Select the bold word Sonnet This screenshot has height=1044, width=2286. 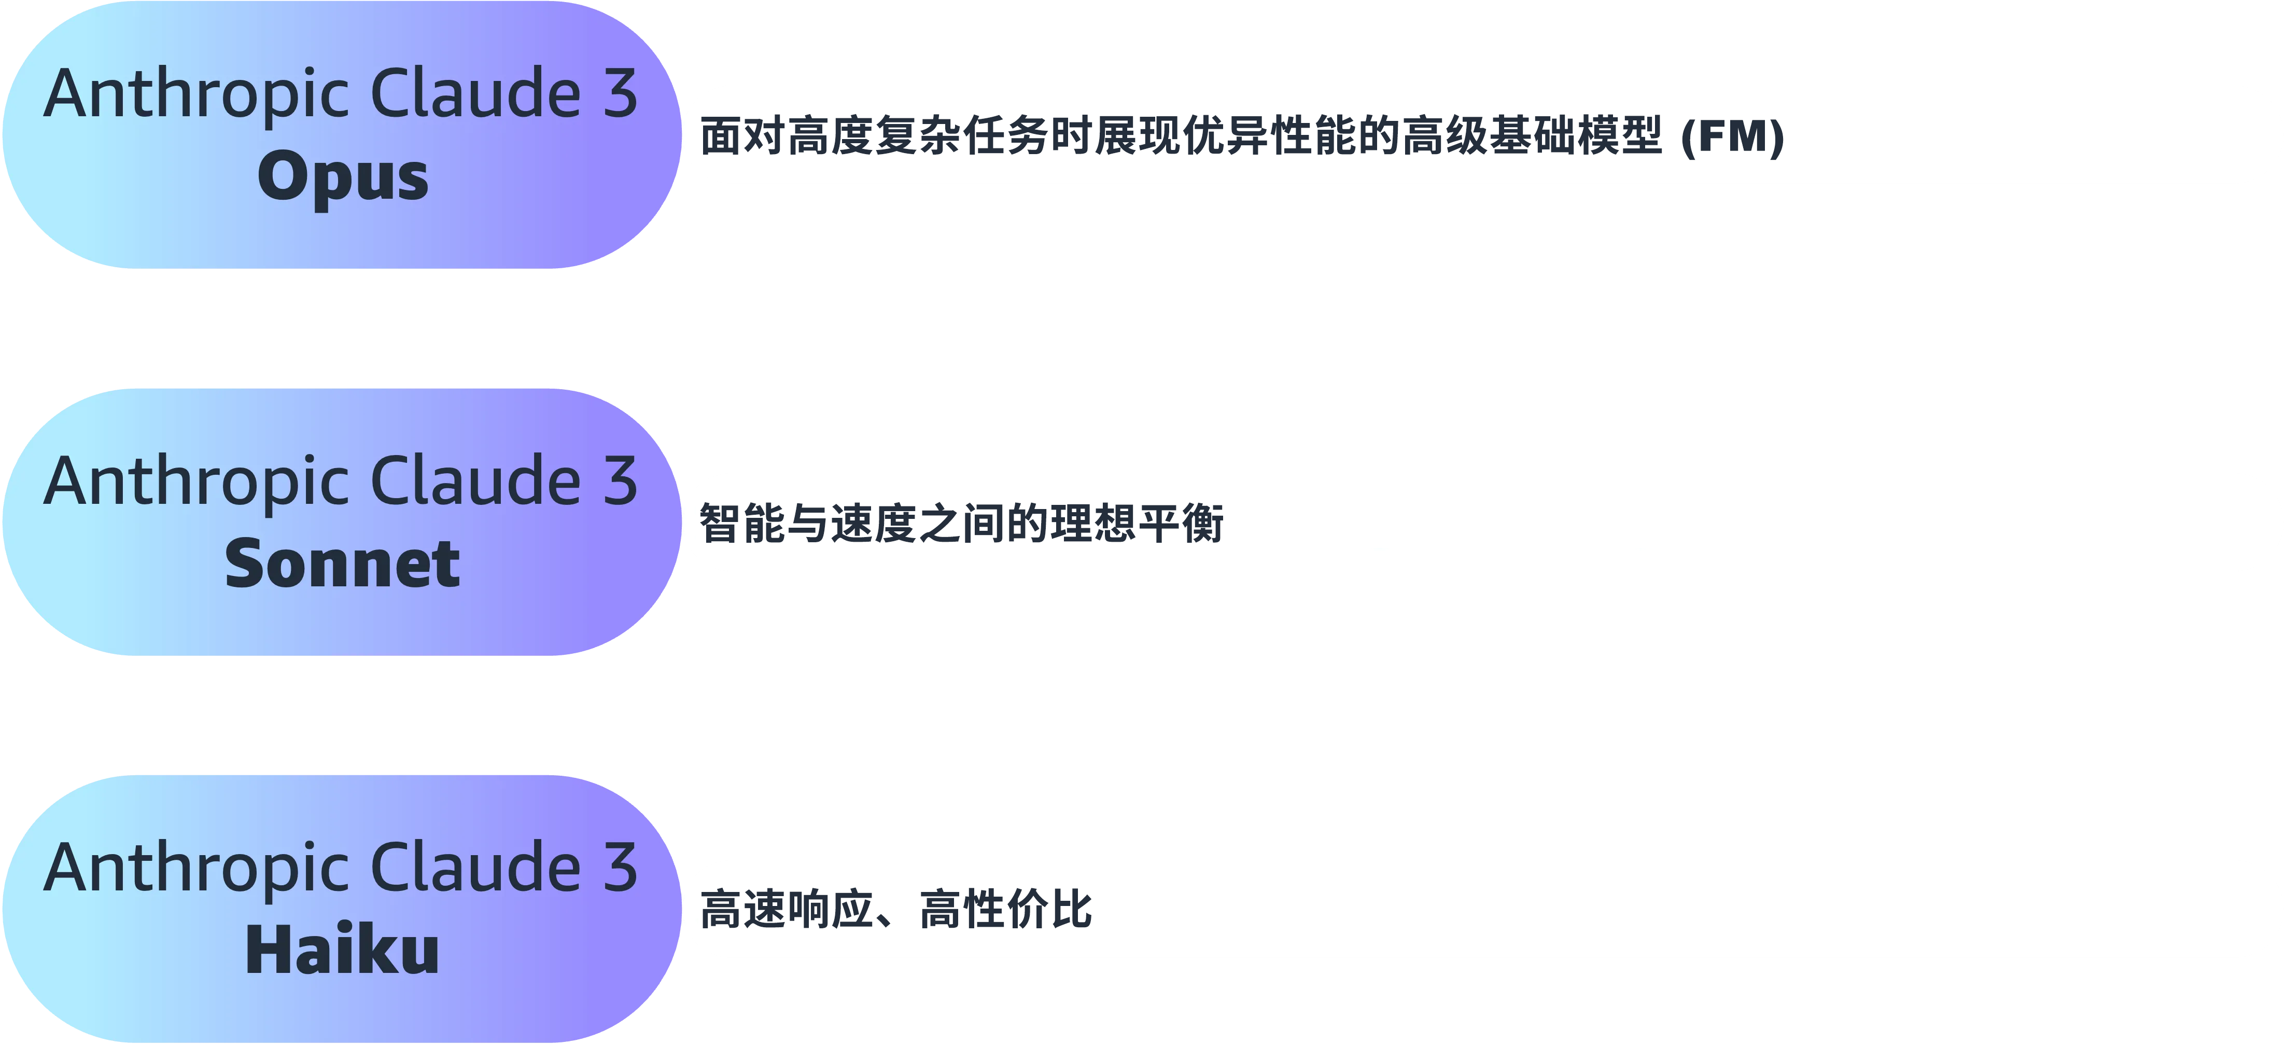point(343,565)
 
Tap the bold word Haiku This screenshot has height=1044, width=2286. point(343,951)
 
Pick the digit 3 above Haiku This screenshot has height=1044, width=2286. point(620,868)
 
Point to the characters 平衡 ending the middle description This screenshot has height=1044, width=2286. point(1181,523)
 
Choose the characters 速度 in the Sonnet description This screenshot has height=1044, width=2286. point(874,523)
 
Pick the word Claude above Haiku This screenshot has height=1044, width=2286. point(475,868)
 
